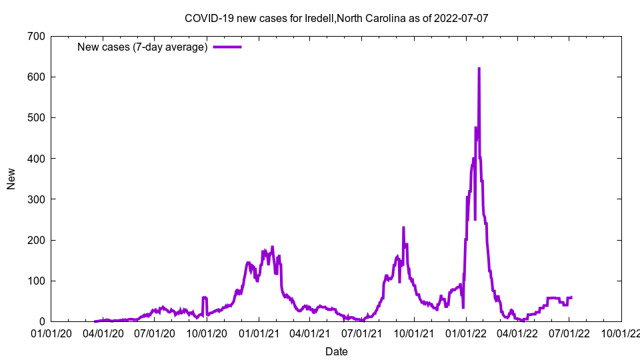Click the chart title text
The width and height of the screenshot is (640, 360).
coord(336,18)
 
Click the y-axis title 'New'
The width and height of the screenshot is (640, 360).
coord(11,179)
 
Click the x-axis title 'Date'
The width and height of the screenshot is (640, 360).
coord(336,351)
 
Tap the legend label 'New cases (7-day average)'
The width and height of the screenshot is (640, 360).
coord(142,47)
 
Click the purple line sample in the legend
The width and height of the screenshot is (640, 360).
coord(227,47)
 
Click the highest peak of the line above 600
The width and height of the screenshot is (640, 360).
coord(479,69)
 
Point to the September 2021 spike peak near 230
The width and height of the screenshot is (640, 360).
coord(403,228)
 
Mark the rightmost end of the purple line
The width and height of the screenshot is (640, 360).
coord(571,297)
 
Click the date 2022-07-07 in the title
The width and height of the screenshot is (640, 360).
coord(461,18)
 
